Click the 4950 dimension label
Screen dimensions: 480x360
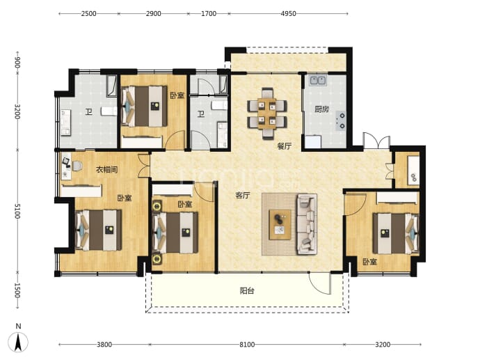289,14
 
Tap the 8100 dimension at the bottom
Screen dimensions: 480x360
247,345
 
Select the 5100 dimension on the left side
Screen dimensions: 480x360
17,211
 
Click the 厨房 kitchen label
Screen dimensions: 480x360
321,109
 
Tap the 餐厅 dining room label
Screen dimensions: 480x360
284,146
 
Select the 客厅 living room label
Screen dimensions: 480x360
243,195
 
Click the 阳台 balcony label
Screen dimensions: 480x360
247,290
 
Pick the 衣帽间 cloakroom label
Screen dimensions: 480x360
107,169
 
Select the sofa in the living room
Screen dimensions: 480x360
306,224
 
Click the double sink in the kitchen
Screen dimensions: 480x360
318,81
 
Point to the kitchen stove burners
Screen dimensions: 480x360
341,120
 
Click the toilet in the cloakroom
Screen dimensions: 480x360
77,166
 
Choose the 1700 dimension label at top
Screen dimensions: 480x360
209,14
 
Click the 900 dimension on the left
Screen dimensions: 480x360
17,63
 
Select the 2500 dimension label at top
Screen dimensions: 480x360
89,14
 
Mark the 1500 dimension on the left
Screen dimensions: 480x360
17,290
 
